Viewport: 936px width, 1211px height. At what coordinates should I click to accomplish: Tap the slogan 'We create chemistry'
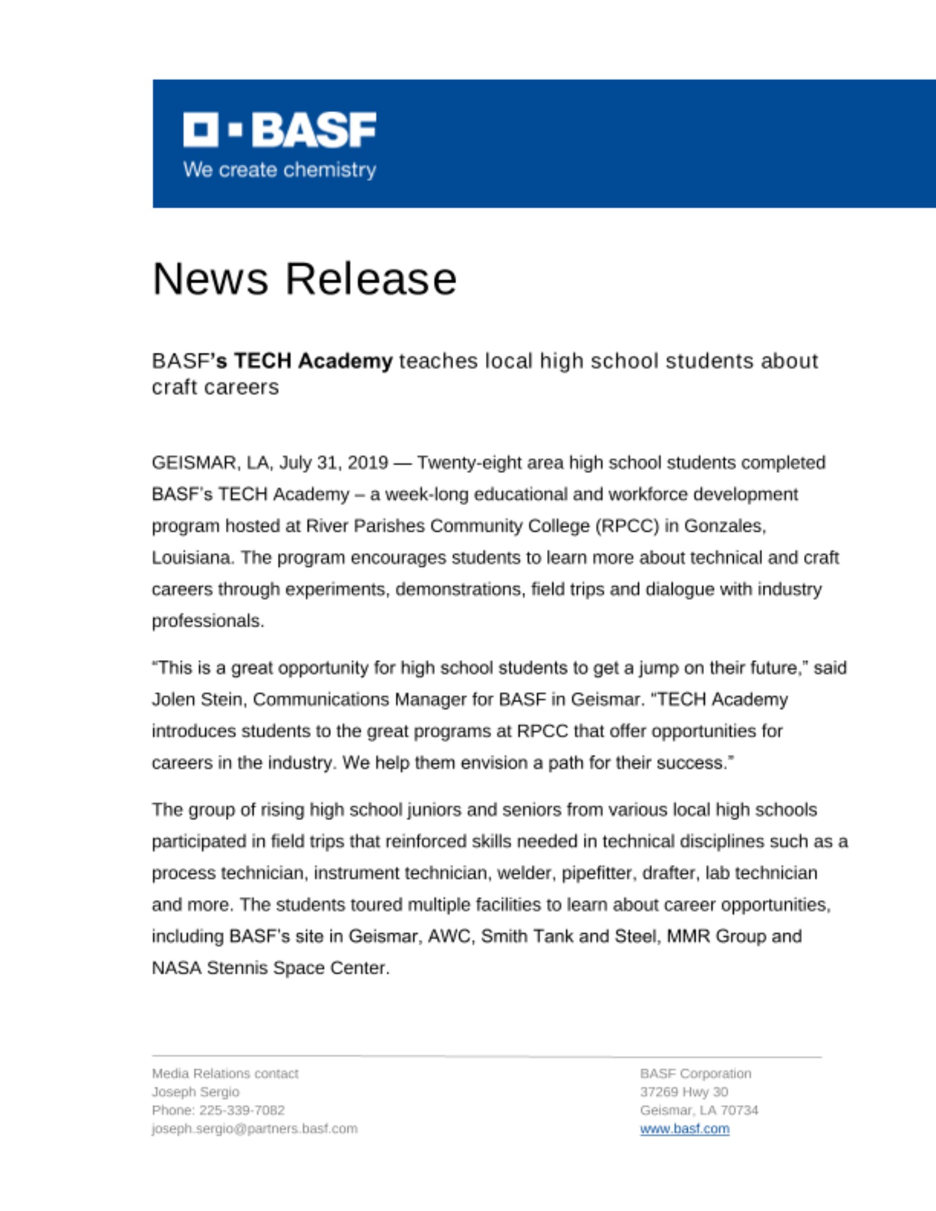(279, 170)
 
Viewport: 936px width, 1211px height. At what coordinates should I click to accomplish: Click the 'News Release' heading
(304, 279)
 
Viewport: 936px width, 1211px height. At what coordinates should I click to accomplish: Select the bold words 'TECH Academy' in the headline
(313, 361)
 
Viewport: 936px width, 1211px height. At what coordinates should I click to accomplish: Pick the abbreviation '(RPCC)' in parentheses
(627, 526)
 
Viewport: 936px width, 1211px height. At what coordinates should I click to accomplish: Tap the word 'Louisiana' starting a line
(192, 557)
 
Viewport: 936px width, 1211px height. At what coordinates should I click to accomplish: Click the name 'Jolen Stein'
(197, 699)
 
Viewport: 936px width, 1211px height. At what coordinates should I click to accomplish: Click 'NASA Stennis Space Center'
(270, 968)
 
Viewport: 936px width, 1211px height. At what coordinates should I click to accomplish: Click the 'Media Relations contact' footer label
(225, 1074)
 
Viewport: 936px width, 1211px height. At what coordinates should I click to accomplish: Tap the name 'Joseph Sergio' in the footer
(195, 1092)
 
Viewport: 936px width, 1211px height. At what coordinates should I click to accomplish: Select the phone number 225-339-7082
(242, 1110)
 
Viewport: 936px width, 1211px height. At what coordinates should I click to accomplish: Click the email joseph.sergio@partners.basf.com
(254, 1129)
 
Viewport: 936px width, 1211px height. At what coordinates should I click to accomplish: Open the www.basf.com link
(685, 1129)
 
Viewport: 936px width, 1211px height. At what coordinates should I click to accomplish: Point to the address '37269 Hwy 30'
(684, 1092)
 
